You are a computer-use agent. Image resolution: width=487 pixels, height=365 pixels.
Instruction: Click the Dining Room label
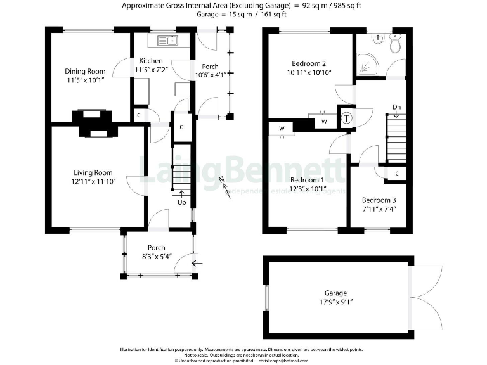(x=85, y=71)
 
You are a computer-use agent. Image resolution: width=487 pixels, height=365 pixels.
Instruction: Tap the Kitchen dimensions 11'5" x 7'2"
(x=151, y=70)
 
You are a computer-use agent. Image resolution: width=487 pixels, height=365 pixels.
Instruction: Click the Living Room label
(x=93, y=172)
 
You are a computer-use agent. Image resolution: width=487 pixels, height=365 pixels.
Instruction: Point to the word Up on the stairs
(x=182, y=203)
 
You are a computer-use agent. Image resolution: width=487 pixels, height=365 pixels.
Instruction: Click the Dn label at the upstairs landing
(x=396, y=106)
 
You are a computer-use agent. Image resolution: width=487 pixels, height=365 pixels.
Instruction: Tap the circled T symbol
(x=347, y=118)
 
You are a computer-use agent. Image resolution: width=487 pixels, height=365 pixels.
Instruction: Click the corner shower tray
(x=367, y=61)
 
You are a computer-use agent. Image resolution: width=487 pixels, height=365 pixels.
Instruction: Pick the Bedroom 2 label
(x=309, y=63)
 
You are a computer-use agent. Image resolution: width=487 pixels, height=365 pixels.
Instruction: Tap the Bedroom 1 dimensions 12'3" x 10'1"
(x=308, y=189)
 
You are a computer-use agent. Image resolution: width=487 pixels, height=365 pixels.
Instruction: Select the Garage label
(x=336, y=293)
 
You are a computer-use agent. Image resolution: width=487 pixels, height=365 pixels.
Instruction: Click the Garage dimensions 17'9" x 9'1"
(x=336, y=302)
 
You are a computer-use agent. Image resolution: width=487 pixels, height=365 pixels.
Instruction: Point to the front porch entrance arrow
(x=197, y=263)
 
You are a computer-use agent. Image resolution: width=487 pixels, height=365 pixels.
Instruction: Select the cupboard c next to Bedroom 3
(x=396, y=173)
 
